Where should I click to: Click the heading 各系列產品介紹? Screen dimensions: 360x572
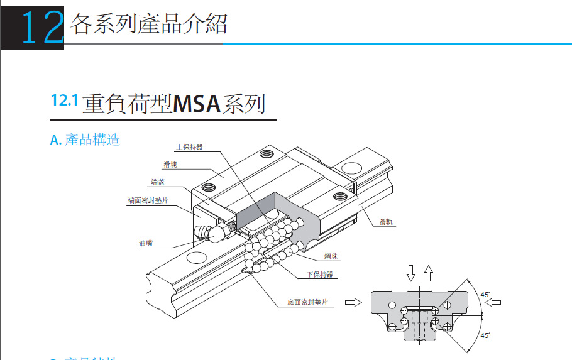(149, 24)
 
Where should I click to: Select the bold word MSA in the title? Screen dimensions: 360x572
(196, 103)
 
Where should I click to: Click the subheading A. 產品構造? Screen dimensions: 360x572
(85, 139)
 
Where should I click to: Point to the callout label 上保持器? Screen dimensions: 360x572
(189, 148)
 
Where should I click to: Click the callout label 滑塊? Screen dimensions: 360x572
(169, 165)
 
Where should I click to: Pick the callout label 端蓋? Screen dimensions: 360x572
(158, 183)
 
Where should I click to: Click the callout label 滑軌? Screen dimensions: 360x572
(387, 222)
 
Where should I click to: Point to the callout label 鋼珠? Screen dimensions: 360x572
(331, 257)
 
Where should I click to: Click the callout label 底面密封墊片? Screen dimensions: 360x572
(305, 302)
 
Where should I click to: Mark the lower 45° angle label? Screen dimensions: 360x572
(485, 335)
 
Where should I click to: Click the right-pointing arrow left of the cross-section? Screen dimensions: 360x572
(354, 302)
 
